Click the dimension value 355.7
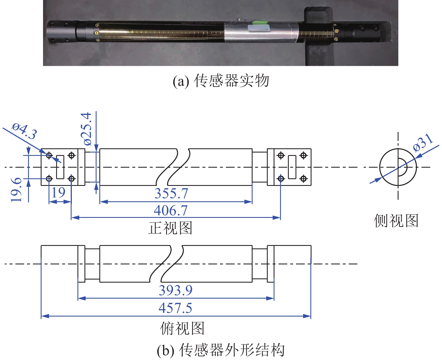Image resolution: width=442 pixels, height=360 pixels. tap(171, 193)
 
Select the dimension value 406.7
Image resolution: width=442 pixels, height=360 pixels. tap(171, 211)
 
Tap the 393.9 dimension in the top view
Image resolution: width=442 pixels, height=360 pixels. tap(176, 290)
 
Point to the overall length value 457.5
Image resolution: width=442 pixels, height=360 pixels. tap(175, 308)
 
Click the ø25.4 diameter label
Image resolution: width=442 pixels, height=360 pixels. tap(87, 129)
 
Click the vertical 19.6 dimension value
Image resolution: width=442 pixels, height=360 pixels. tap(16, 190)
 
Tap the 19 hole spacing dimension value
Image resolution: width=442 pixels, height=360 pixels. tap(58, 192)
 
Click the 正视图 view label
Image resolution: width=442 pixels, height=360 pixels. tap(170, 228)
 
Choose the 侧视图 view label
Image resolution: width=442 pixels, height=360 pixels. tap(396, 221)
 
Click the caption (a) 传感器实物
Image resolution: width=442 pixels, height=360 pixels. tap(221, 81)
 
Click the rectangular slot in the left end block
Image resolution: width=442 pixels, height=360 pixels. tap(60, 167)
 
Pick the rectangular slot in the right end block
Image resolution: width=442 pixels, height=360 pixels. tap(292, 167)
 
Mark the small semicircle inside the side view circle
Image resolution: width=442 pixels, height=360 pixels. tap(403, 167)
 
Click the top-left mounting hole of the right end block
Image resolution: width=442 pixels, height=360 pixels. tap(281, 155)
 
